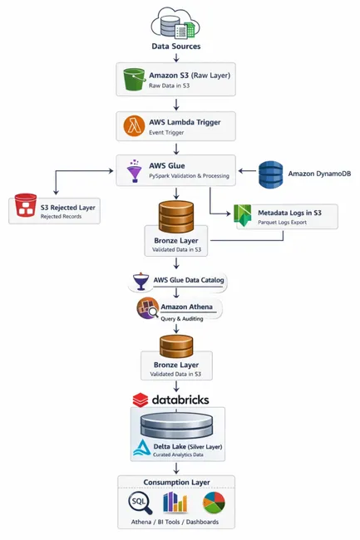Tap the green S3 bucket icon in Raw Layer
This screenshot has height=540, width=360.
[131, 81]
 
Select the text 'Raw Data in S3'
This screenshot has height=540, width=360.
[171, 86]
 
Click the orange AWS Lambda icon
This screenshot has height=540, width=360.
[133, 125]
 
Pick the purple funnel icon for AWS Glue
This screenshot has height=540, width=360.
[133, 170]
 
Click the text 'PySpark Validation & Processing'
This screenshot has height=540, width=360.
[190, 176]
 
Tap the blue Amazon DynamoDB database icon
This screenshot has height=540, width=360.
[271, 174]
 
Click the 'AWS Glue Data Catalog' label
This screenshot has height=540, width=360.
[189, 281]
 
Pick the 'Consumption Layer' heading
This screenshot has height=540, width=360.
[175, 484]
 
